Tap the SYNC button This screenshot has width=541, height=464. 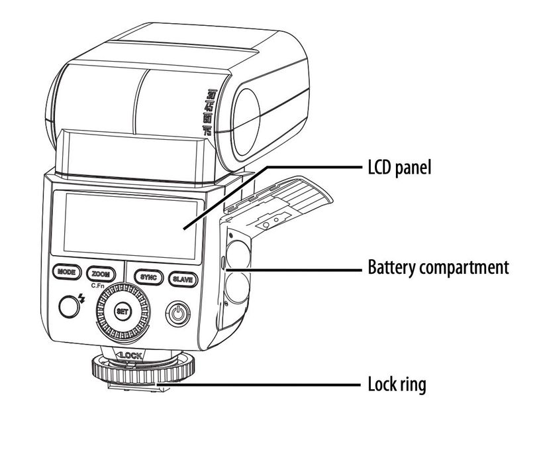pos(147,278)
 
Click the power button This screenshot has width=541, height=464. pos(176,312)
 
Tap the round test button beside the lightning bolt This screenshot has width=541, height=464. pos(68,305)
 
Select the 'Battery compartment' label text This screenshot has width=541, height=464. pos(438,268)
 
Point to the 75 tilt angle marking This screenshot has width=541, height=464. pos(207,131)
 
